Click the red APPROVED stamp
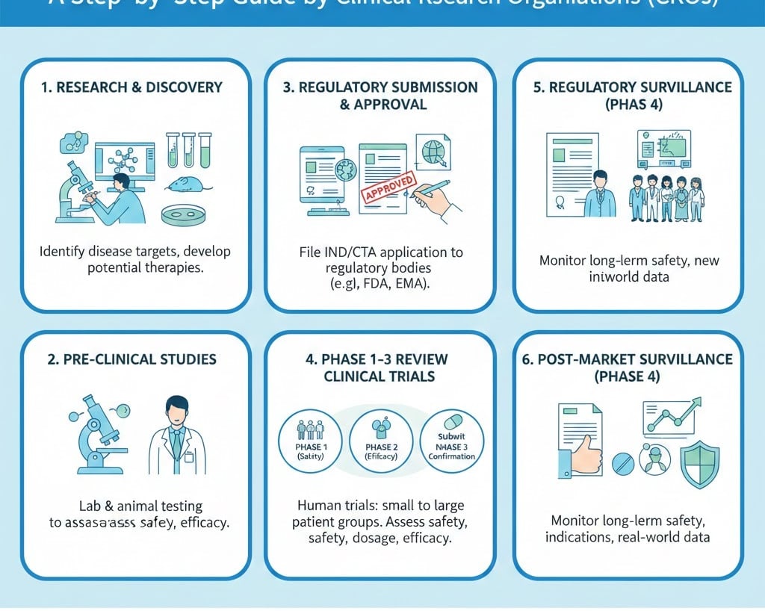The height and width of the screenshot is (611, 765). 388,188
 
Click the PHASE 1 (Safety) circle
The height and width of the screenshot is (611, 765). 309,441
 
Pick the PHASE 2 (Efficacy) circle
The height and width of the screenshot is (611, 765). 380,440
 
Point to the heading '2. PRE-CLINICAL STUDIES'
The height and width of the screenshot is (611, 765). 131,359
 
